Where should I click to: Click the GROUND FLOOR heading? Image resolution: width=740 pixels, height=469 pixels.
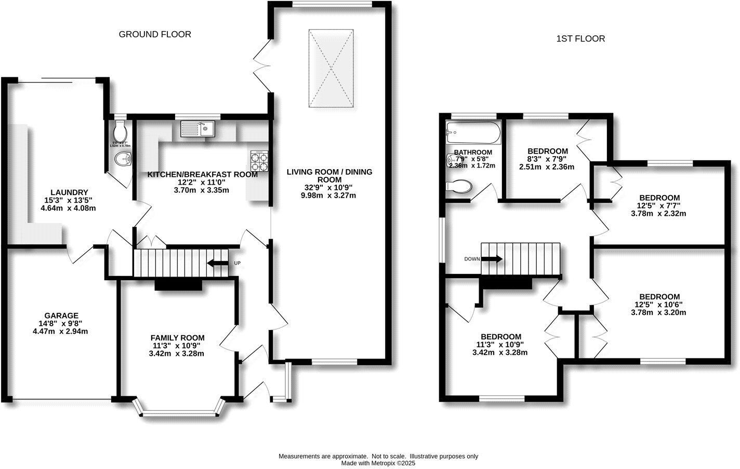[155, 34]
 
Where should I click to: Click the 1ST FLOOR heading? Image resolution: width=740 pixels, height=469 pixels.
[580, 38]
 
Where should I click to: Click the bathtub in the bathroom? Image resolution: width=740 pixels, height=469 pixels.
[473, 133]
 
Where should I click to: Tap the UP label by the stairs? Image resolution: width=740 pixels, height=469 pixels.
[237, 263]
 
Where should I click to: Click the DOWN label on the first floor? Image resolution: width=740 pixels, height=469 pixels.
[472, 258]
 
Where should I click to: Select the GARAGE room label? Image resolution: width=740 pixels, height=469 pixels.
[61, 315]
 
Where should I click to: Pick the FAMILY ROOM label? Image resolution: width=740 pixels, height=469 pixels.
[177, 337]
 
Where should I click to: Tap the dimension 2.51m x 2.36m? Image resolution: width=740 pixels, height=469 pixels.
[546, 167]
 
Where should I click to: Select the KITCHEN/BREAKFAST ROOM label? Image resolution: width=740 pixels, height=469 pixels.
[203, 174]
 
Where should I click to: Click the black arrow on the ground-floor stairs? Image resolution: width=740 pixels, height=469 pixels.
[218, 263]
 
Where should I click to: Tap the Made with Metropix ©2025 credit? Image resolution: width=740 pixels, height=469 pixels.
[378, 463]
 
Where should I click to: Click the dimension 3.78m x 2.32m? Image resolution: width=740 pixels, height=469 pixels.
[658, 213]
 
